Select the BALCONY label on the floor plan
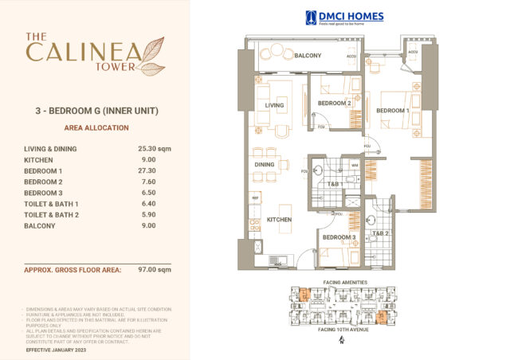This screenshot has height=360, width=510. point(308,56)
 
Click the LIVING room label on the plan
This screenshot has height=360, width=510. point(274,105)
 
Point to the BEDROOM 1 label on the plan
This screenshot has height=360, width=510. point(392,110)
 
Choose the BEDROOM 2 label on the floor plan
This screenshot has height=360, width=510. point(334,104)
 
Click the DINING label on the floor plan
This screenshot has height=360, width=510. point(264,165)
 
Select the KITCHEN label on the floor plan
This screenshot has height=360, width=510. point(279,219)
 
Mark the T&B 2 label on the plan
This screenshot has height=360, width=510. point(379,234)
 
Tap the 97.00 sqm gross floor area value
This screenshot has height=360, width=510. point(154,270)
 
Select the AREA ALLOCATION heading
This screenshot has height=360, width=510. point(95,127)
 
